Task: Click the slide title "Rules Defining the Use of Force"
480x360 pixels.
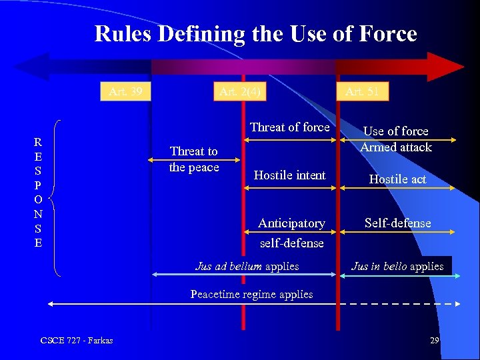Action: point(255,33)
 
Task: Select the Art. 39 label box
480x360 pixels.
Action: point(125,91)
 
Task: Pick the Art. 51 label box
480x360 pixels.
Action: point(362,92)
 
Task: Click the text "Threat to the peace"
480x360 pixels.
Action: point(194,159)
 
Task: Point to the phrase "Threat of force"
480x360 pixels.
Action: point(289,127)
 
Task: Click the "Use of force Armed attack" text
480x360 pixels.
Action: point(396,139)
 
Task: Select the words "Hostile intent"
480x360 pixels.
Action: point(289,175)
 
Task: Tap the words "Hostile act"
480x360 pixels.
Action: point(397,179)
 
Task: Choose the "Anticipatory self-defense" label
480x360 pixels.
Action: point(291,233)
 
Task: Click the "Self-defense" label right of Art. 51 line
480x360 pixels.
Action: point(397,223)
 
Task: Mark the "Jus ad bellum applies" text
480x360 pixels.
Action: point(247,267)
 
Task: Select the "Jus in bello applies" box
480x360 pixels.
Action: point(397,267)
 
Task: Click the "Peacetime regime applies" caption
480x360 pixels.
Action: point(251,294)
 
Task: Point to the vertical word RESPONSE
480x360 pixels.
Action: point(38,192)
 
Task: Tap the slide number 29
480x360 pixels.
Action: point(434,341)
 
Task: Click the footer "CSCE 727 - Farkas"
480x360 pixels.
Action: point(77,341)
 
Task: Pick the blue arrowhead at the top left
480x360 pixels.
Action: point(30,67)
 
